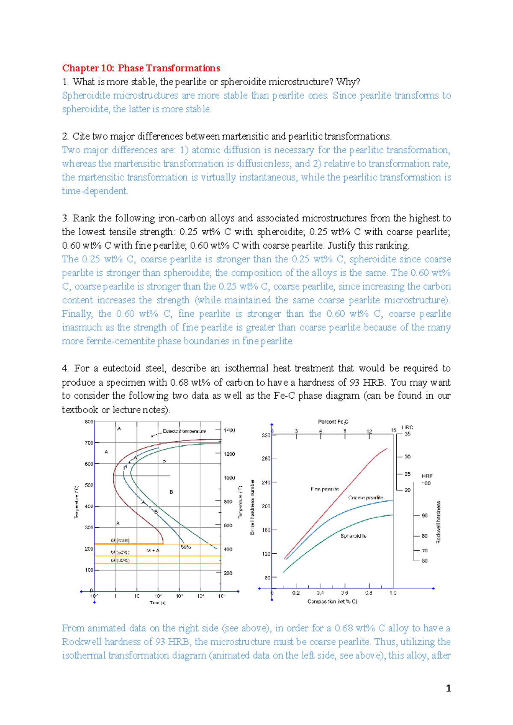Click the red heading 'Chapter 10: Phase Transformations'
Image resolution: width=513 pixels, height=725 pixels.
(141, 68)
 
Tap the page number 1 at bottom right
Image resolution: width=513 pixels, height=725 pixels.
(448, 688)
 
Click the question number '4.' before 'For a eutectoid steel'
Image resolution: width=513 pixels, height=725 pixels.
(65, 368)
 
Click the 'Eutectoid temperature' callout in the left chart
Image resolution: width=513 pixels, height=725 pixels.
(184, 431)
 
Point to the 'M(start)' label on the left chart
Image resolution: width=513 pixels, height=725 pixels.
(120, 541)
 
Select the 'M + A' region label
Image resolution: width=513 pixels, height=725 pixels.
(153, 550)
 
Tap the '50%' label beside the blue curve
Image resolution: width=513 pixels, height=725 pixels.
(186, 547)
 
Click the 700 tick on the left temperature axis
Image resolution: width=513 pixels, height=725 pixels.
(89, 443)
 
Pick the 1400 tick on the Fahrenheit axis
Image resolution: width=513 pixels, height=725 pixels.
(229, 430)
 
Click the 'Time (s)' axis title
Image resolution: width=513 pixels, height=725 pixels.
(157, 602)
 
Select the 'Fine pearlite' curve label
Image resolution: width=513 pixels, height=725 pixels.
(324, 489)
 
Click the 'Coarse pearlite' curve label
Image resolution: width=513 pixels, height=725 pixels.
(366, 498)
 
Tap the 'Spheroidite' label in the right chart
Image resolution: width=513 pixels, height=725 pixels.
(353, 536)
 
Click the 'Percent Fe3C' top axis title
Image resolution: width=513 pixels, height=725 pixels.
(333, 422)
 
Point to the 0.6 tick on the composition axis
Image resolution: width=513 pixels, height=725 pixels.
(345, 593)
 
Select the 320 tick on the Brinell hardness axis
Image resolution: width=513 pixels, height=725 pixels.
(265, 436)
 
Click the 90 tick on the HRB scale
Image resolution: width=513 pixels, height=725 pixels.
(425, 516)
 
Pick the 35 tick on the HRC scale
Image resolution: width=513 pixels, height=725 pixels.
(407, 434)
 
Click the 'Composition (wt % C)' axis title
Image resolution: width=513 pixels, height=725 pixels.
(332, 602)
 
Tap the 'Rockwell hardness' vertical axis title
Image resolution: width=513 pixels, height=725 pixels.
(438, 522)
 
